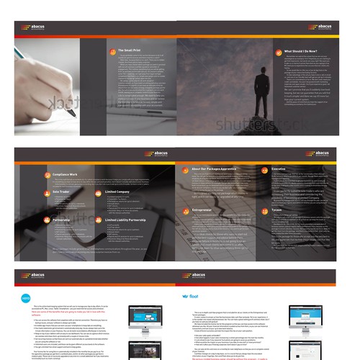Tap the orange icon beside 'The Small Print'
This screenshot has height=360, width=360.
pos(110,50)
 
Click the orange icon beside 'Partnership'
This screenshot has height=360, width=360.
pos(47,218)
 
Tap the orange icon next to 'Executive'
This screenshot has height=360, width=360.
pos(264,169)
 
